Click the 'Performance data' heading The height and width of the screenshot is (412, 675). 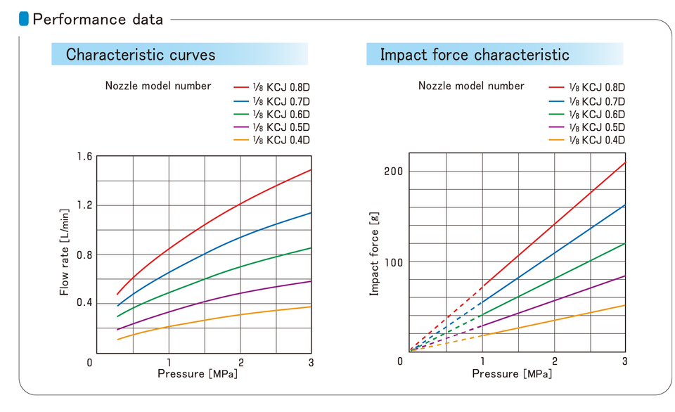[98, 19]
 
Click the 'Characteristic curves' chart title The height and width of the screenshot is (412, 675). [141, 54]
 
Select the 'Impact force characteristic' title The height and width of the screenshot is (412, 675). [475, 54]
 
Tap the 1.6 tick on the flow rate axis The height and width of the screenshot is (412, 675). [84, 156]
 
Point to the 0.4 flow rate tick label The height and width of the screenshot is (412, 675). [84, 302]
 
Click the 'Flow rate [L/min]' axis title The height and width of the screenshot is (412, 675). [65, 251]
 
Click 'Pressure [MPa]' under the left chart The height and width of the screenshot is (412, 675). [198, 373]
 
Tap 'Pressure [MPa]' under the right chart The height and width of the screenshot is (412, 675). [512, 373]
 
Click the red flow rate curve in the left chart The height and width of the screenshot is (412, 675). [204, 224]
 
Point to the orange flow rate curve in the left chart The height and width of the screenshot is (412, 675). [204, 319]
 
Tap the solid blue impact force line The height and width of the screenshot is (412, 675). [554, 253]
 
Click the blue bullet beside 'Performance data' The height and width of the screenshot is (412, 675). [24, 19]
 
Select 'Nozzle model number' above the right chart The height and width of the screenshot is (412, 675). [471, 86]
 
